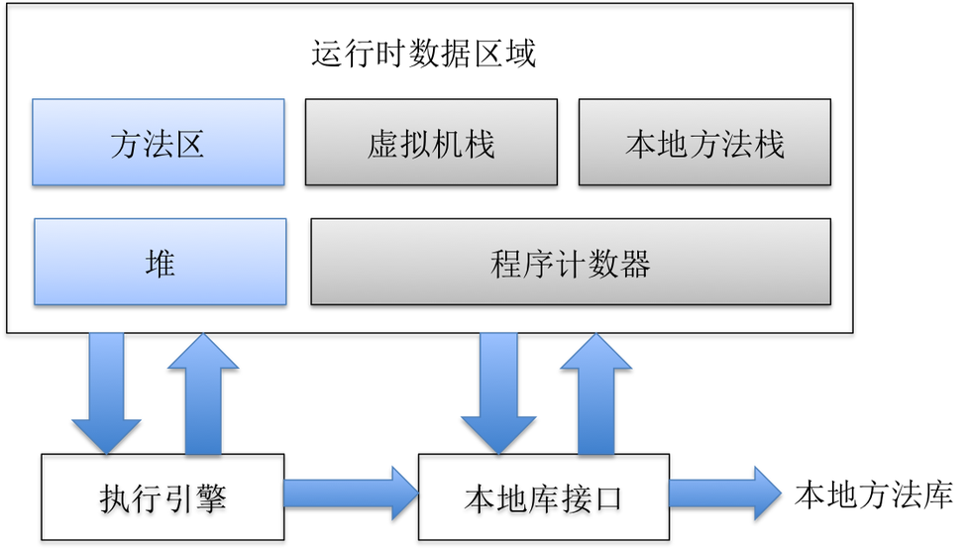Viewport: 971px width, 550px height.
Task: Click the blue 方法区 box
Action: point(159,142)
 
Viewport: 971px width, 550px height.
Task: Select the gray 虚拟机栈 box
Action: point(431,142)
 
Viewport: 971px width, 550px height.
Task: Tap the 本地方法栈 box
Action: point(704,142)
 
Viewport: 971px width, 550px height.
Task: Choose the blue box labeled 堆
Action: point(161,262)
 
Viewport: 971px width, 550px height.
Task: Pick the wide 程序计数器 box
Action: point(571,262)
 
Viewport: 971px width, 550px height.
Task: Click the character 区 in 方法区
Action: point(189,145)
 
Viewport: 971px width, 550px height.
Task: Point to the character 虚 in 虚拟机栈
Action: point(382,145)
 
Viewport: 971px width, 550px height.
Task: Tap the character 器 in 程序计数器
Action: point(634,265)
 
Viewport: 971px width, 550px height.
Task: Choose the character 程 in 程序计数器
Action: point(506,265)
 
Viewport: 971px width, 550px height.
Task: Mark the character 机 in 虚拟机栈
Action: point(447,145)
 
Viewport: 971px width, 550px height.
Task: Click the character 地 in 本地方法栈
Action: point(673,145)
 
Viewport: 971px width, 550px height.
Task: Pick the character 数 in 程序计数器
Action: point(602,265)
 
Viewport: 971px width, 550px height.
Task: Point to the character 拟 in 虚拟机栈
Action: point(415,145)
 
